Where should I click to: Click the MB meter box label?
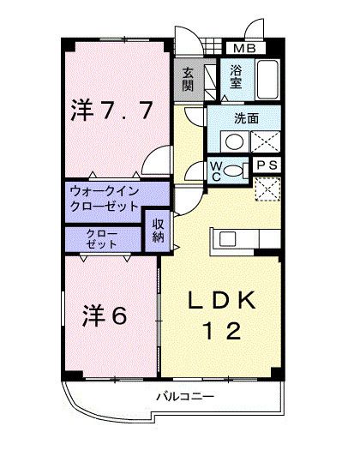coord(245,48)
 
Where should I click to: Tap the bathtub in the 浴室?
coord(267,80)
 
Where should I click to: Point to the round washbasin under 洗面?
coord(234,141)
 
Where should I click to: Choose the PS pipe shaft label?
coord(267,165)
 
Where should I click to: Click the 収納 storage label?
coord(159,231)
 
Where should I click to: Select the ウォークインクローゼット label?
coord(105,198)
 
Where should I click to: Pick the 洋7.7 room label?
coord(111,110)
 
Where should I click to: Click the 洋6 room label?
coord(105,315)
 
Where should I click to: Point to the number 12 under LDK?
coord(222,330)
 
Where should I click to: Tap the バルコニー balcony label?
coord(185,397)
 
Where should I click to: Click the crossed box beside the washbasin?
coord(265,141)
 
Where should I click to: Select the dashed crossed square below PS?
coord(267,189)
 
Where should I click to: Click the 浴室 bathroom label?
coord(236,76)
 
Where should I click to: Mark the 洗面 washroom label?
coord(246,118)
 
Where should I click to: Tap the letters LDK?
coord(222,299)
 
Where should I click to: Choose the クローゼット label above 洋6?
coord(102,239)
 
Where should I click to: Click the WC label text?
coord(216,171)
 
